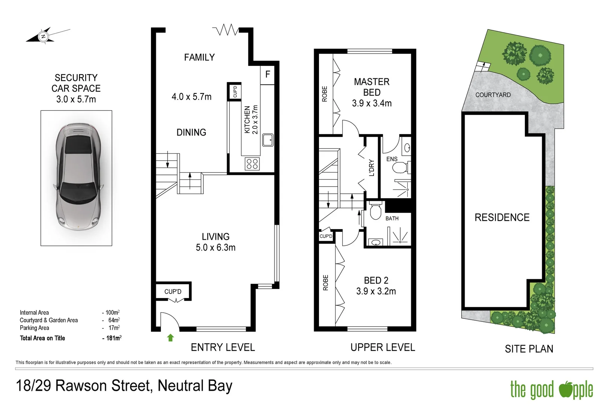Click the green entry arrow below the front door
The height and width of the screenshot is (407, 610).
point(170,338)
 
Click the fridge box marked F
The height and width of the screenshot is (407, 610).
point(267,74)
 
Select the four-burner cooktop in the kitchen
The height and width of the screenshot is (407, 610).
point(252,164)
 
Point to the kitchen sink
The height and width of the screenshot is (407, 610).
point(268,140)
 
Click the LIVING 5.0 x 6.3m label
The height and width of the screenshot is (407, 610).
point(215,242)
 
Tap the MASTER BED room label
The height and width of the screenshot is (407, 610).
point(372,87)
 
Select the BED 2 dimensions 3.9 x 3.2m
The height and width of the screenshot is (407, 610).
point(376,291)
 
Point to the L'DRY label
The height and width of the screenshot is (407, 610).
point(372,168)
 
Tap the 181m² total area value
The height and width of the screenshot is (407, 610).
point(112,338)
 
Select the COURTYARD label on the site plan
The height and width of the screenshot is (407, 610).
point(493,95)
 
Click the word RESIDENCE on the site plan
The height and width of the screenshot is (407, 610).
point(502,217)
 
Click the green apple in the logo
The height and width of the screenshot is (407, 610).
point(566,389)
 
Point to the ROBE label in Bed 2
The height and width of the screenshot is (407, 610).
point(326,283)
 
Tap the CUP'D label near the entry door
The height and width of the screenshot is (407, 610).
point(173,292)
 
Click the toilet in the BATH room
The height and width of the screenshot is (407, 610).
point(375,211)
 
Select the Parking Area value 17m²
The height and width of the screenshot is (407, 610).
point(114,328)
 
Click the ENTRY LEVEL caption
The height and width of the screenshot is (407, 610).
point(223,347)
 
